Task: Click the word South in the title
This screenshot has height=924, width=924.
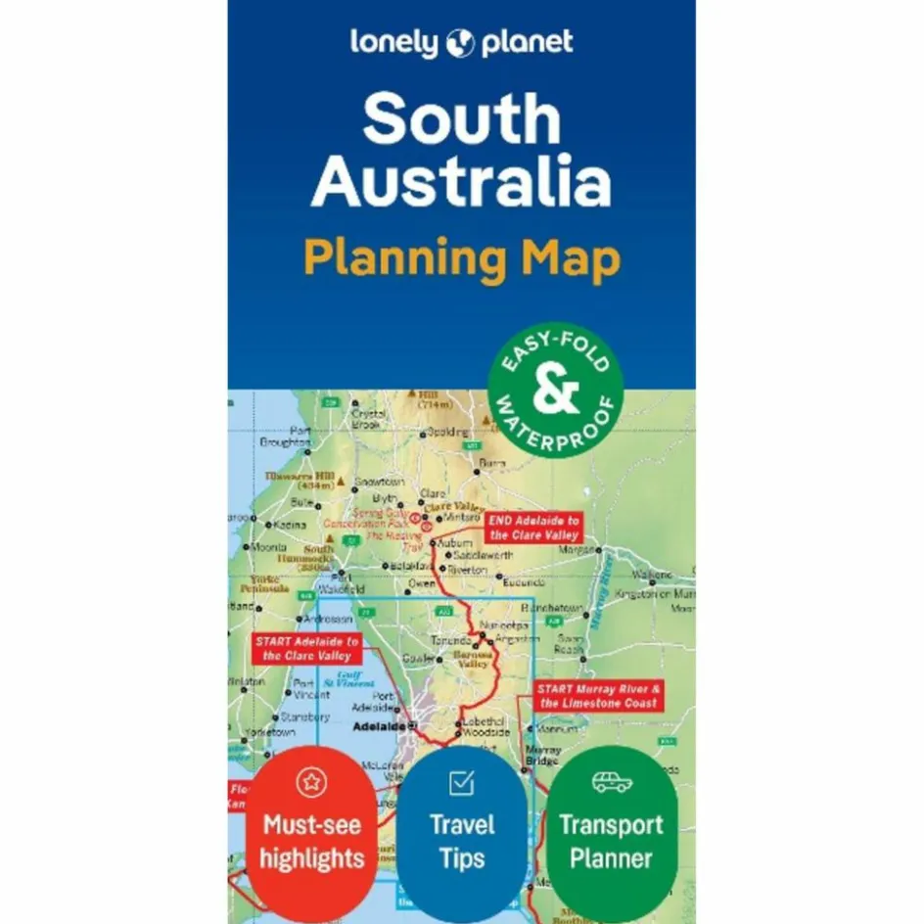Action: pos(461,119)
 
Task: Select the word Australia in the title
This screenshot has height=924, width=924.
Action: pos(461,183)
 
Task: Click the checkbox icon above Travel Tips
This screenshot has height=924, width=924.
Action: pos(461,783)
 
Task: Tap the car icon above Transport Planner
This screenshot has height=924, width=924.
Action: pos(612,782)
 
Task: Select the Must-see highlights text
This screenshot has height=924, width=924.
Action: pos(312,841)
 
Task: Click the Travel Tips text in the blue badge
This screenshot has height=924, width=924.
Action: pos(461,841)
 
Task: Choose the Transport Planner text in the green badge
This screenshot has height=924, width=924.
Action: pos(612,841)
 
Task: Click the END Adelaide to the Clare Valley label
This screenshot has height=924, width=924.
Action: pos(533,528)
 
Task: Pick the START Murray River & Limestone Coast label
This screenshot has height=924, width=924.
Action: pos(599,696)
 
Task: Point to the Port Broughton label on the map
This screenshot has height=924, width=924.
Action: pos(285,436)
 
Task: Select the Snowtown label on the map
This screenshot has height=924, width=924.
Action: pos(379,483)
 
